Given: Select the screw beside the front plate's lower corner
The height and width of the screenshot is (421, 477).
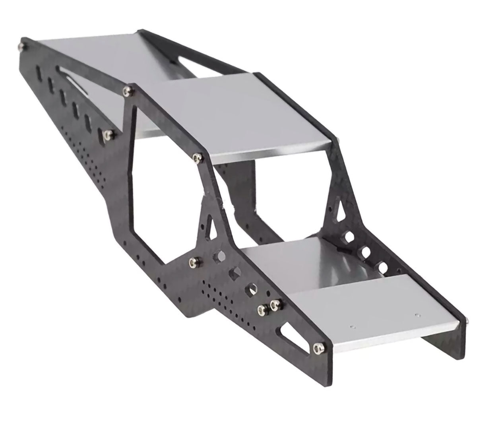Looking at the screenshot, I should (318, 348).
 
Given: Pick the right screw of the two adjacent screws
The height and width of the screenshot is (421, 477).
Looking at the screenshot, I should (273, 305).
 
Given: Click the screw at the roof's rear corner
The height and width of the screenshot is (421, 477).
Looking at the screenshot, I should (127, 91).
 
